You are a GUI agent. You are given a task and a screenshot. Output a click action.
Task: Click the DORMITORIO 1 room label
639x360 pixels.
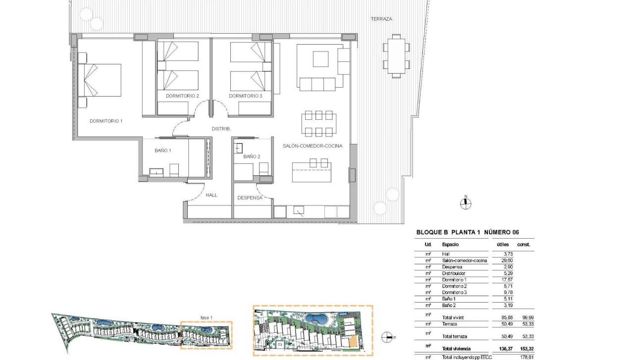[x=106, y=121]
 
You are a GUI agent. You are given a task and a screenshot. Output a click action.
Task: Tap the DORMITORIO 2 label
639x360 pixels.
[x=182, y=96]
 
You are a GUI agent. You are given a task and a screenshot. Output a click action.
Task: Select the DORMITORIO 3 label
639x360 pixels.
[x=246, y=96]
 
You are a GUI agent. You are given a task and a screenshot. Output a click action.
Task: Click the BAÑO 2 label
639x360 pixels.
[x=252, y=156]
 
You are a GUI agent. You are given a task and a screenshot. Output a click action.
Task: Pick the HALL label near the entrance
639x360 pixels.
[x=212, y=195]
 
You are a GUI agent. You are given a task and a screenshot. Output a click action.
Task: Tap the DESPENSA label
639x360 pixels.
[x=250, y=197]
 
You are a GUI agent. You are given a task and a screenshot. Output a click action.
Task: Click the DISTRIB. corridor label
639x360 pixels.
[x=221, y=129]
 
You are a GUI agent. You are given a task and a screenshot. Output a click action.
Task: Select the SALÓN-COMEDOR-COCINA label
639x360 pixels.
[x=313, y=146]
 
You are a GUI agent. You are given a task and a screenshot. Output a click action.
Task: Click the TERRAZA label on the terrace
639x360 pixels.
[x=381, y=19]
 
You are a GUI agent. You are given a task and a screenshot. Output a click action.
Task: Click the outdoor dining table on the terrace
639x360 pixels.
[x=396, y=56]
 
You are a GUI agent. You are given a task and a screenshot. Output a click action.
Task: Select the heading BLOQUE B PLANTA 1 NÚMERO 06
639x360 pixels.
[x=468, y=232]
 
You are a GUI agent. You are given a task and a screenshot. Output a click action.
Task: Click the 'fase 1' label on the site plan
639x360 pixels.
[x=206, y=317]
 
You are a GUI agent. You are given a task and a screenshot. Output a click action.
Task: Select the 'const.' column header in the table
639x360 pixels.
[x=524, y=245]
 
